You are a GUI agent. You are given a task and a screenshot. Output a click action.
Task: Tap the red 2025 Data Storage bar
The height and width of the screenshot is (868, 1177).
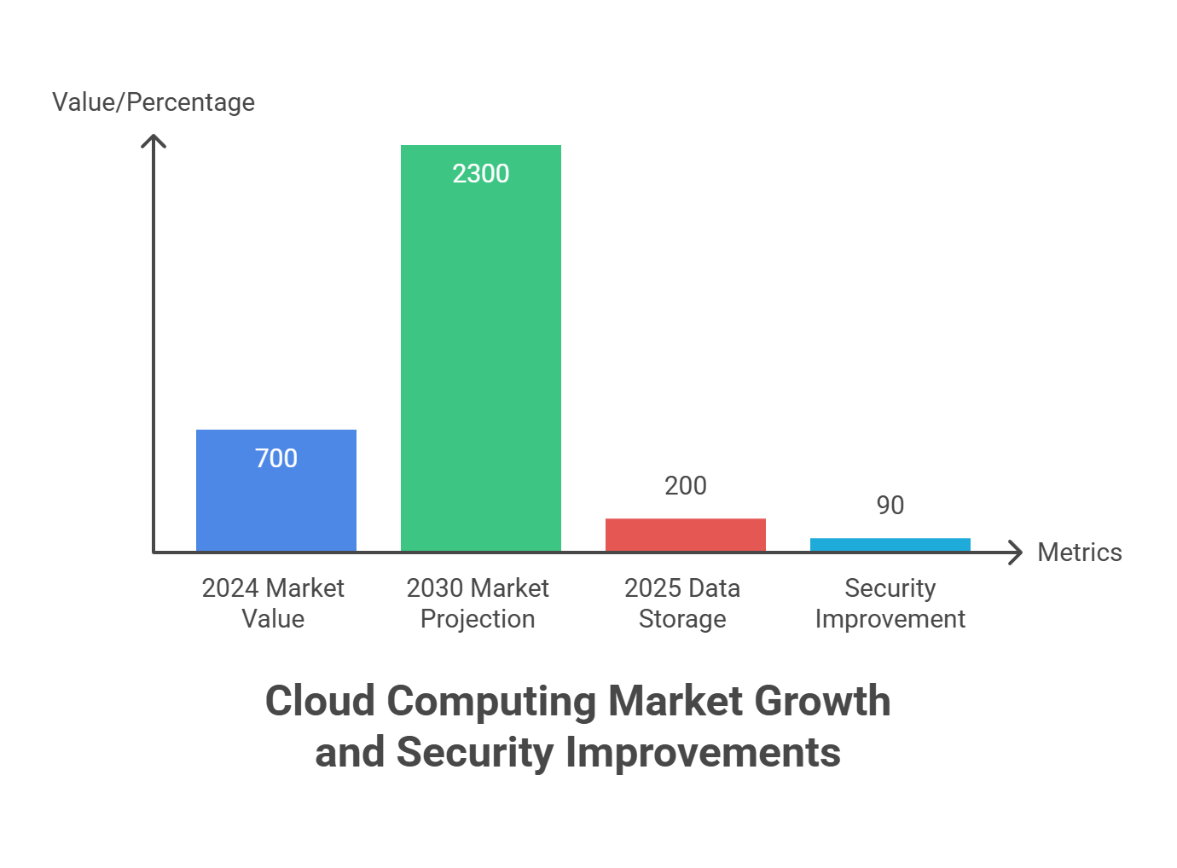tap(686, 535)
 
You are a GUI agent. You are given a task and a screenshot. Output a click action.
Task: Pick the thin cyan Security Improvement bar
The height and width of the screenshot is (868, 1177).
tap(890, 544)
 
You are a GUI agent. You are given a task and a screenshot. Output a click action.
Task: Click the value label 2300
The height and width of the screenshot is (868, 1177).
tap(481, 174)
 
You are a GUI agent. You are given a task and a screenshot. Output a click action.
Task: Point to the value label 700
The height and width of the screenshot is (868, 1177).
tap(276, 459)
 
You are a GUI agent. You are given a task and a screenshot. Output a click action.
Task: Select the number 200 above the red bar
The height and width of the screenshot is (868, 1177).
tap(686, 486)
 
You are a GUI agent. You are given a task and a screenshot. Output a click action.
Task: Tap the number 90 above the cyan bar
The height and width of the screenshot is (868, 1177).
tap(890, 506)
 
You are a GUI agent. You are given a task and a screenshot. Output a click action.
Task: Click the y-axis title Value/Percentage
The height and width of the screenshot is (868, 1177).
tap(154, 102)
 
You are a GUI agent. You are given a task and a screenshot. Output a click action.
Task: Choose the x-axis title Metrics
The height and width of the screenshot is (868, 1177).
tap(1080, 553)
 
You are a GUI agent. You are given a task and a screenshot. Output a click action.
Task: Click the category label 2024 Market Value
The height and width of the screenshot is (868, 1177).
tap(273, 603)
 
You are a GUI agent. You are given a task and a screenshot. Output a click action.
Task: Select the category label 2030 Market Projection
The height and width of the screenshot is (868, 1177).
tap(478, 603)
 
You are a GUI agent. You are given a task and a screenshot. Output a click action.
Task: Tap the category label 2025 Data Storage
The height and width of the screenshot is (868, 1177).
tap(682, 603)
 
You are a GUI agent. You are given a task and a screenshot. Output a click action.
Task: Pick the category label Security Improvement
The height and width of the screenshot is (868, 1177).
tap(890, 603)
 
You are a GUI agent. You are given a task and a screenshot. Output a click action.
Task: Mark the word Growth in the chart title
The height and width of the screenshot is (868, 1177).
tap(823, 702)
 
